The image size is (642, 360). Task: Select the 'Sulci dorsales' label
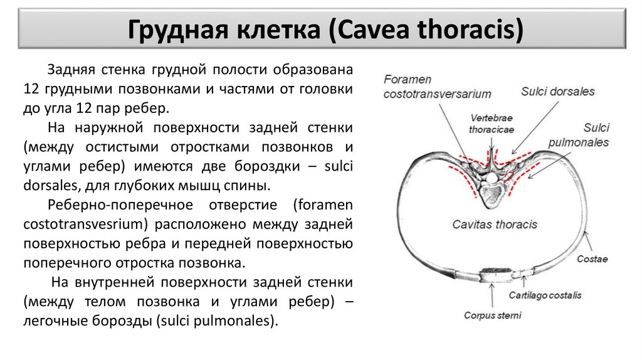pos(557,92)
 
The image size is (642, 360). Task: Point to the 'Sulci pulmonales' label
pos(578,135)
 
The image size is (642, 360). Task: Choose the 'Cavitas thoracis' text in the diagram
pos(495,224)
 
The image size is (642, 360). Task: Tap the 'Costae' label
pos(592,259)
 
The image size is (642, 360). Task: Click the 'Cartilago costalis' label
pos(545,294)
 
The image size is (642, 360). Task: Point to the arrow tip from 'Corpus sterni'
pos(492,285)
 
